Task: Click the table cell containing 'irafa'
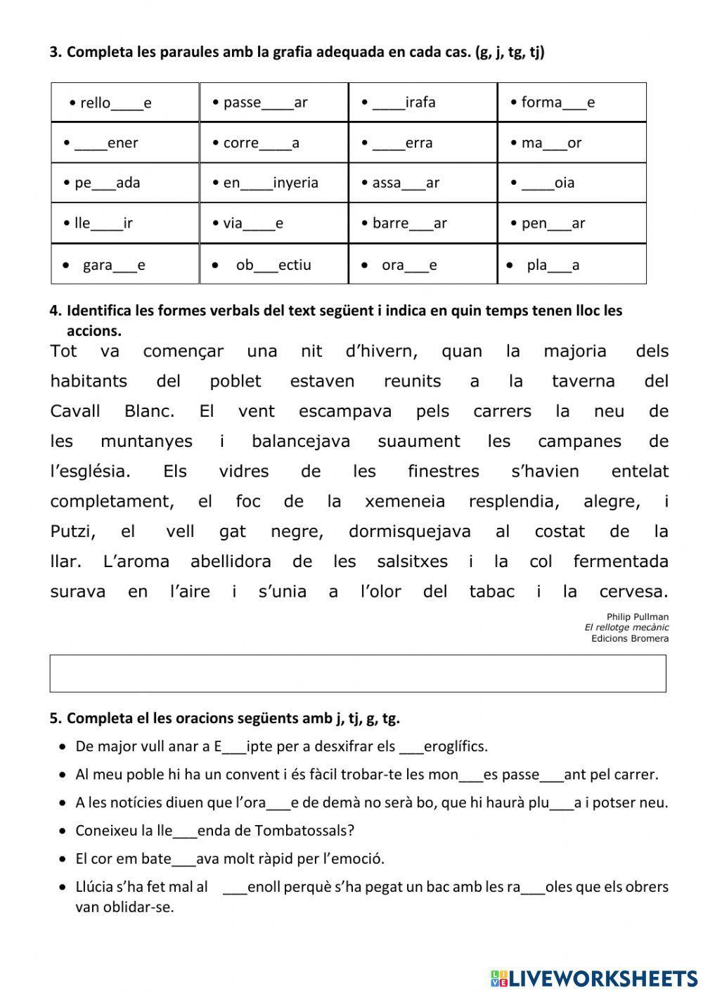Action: [x=423, y=103]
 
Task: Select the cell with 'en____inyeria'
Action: [x=273, y=183]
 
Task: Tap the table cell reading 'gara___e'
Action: [x=125, y=265]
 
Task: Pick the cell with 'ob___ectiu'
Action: [x=273, y=265]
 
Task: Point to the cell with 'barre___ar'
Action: [x=423, y=223]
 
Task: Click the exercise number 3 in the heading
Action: [x=56, y=52]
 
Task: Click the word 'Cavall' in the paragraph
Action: [x=75, y=411]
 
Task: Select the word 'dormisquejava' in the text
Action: [x=409, y=531]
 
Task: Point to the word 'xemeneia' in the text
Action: [x=405, y=501]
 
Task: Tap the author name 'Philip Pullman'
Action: [x=638, y=617]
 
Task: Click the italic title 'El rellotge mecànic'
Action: [x=626, y=628]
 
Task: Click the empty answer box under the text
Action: [x=358, y=673]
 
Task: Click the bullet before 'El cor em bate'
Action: [x=64, y=859]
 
